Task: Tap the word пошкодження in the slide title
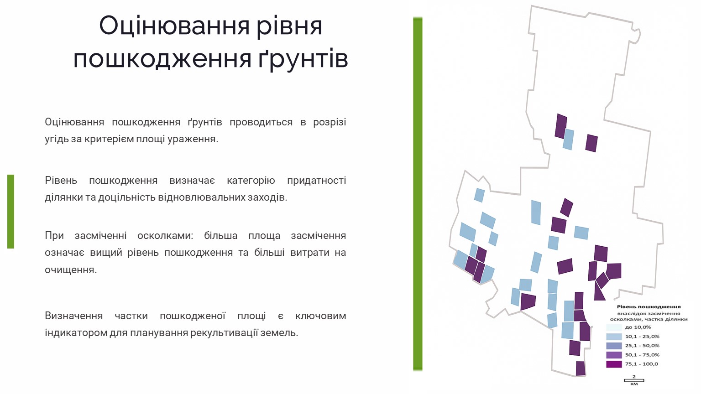coord(162,59)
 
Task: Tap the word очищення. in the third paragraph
coord(71,270)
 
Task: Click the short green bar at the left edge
coord(10,212)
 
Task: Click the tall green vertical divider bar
coord(418,194)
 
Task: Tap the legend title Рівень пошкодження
coord(649,307)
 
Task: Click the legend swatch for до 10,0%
coord(614,327)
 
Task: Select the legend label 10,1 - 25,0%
coord(642,337)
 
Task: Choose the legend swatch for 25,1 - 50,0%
coord(614,346)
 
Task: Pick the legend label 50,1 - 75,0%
coord(642,355)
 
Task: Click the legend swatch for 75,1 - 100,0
coord(614,364)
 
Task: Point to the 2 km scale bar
coord(634,381)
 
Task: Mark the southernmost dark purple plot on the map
coord(581,368)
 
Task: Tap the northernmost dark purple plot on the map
coord(561,126)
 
